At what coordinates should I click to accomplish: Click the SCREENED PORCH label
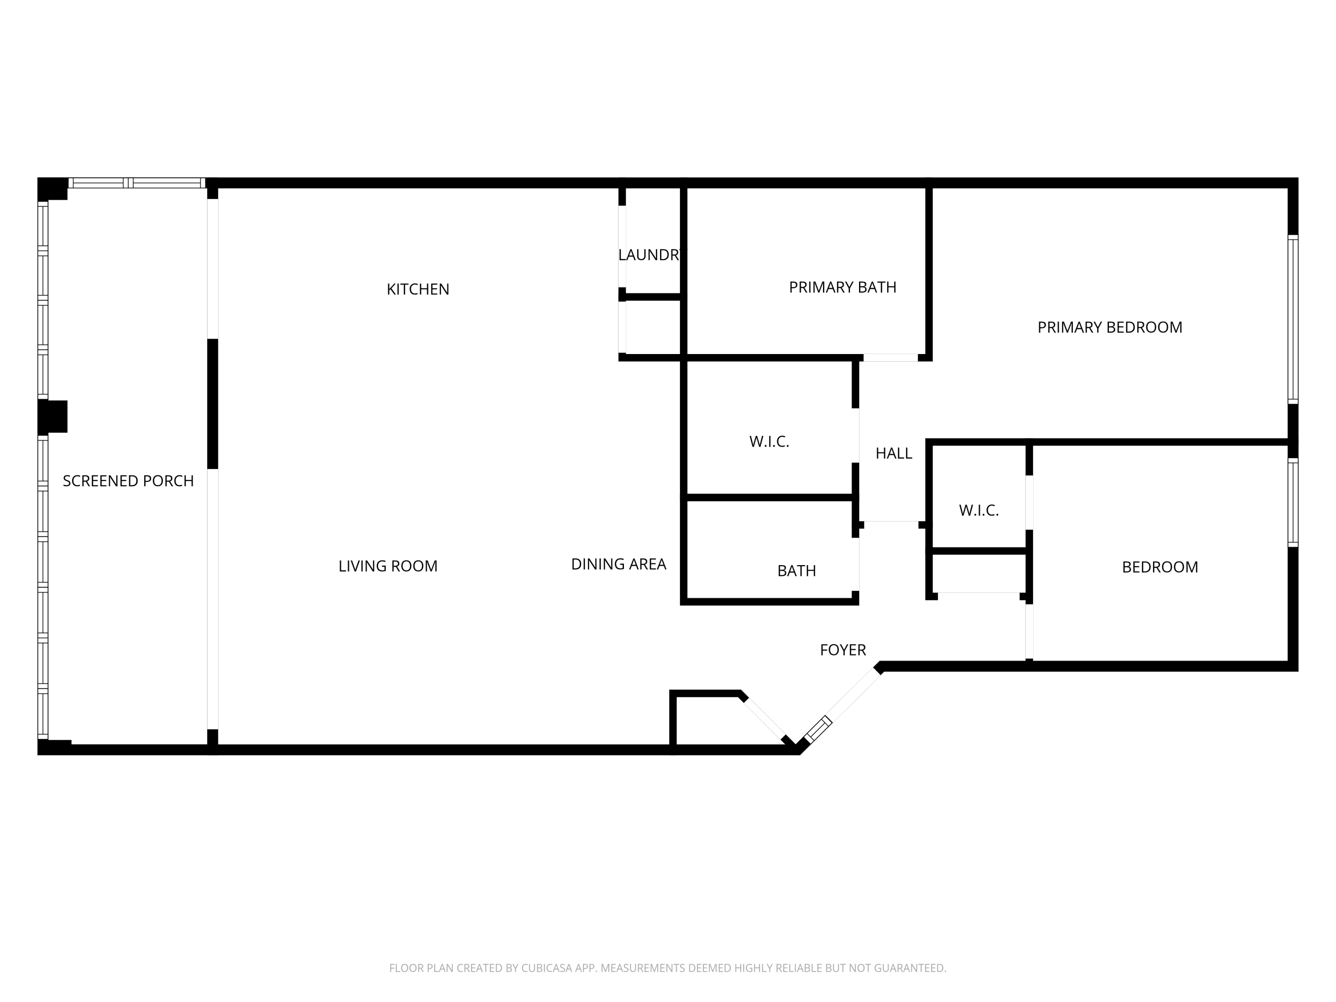(x=128, y=481)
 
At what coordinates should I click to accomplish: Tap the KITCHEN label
(x=418, y=289)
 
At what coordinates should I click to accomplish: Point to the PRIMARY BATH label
(x=843, y=288)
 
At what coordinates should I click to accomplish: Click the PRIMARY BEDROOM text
(x=1109, y=327)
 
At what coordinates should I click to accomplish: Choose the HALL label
(x=893, y=454)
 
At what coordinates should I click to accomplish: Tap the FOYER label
(x=843, y=650)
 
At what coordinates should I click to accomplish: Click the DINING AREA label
(x=619, y=564)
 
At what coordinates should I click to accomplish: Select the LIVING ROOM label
(x=388, y=566)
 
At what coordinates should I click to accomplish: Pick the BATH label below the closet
(x=796, y=571)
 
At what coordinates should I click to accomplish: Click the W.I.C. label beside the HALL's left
(x=769, y=441)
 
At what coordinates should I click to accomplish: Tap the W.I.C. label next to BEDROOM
(x=978, y=510)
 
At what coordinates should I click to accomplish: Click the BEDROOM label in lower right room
(x=1160, y=567)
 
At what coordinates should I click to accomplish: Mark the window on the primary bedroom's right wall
(x=1292, y=319)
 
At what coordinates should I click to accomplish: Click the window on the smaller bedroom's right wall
(x=1292, y=502)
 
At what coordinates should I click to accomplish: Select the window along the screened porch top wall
(x=137, y=183)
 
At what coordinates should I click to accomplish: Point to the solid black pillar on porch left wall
(x=53, y=416)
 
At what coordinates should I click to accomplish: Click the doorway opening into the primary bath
(x=890, y=358)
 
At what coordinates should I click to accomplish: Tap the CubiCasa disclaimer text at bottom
(x=668, y=968)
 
